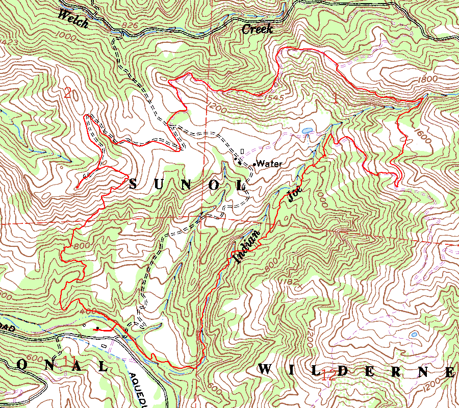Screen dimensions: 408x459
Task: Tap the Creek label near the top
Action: click(257, 29)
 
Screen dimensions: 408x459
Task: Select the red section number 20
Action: click(72, 93)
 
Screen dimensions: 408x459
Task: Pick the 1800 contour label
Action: click(427, 80)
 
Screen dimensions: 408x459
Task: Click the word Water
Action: click(269, 164)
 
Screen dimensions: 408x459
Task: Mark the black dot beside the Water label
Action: click(254, 164)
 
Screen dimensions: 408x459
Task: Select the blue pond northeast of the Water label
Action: click(308, 131)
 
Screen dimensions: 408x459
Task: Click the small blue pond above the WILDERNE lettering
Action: click(413, 335)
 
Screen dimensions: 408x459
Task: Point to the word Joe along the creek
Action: click(295, 195)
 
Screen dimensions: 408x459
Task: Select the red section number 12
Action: click(329, 376)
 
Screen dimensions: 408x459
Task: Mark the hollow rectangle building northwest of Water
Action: click(242, 151)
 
